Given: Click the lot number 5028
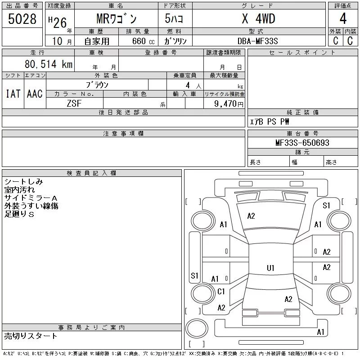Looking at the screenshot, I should [22, 19].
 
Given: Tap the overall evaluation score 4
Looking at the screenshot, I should [342, 19].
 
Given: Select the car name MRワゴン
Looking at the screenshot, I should [116, 19].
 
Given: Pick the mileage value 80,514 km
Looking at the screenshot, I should [49, 64].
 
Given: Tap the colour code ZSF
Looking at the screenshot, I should [74, 103].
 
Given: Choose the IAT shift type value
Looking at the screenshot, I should [13, 94].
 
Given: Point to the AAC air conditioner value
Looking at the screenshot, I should [35, 94].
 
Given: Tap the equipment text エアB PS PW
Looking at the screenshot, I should [270, 122].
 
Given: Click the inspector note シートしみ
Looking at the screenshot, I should [24, 182].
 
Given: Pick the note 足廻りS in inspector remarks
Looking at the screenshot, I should [19, 214].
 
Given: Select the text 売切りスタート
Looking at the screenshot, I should [31, 336].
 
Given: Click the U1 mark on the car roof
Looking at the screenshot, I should [270, 268].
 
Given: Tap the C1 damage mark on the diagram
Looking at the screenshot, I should [221, 292].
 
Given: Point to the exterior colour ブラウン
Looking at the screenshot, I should [97, 85].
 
